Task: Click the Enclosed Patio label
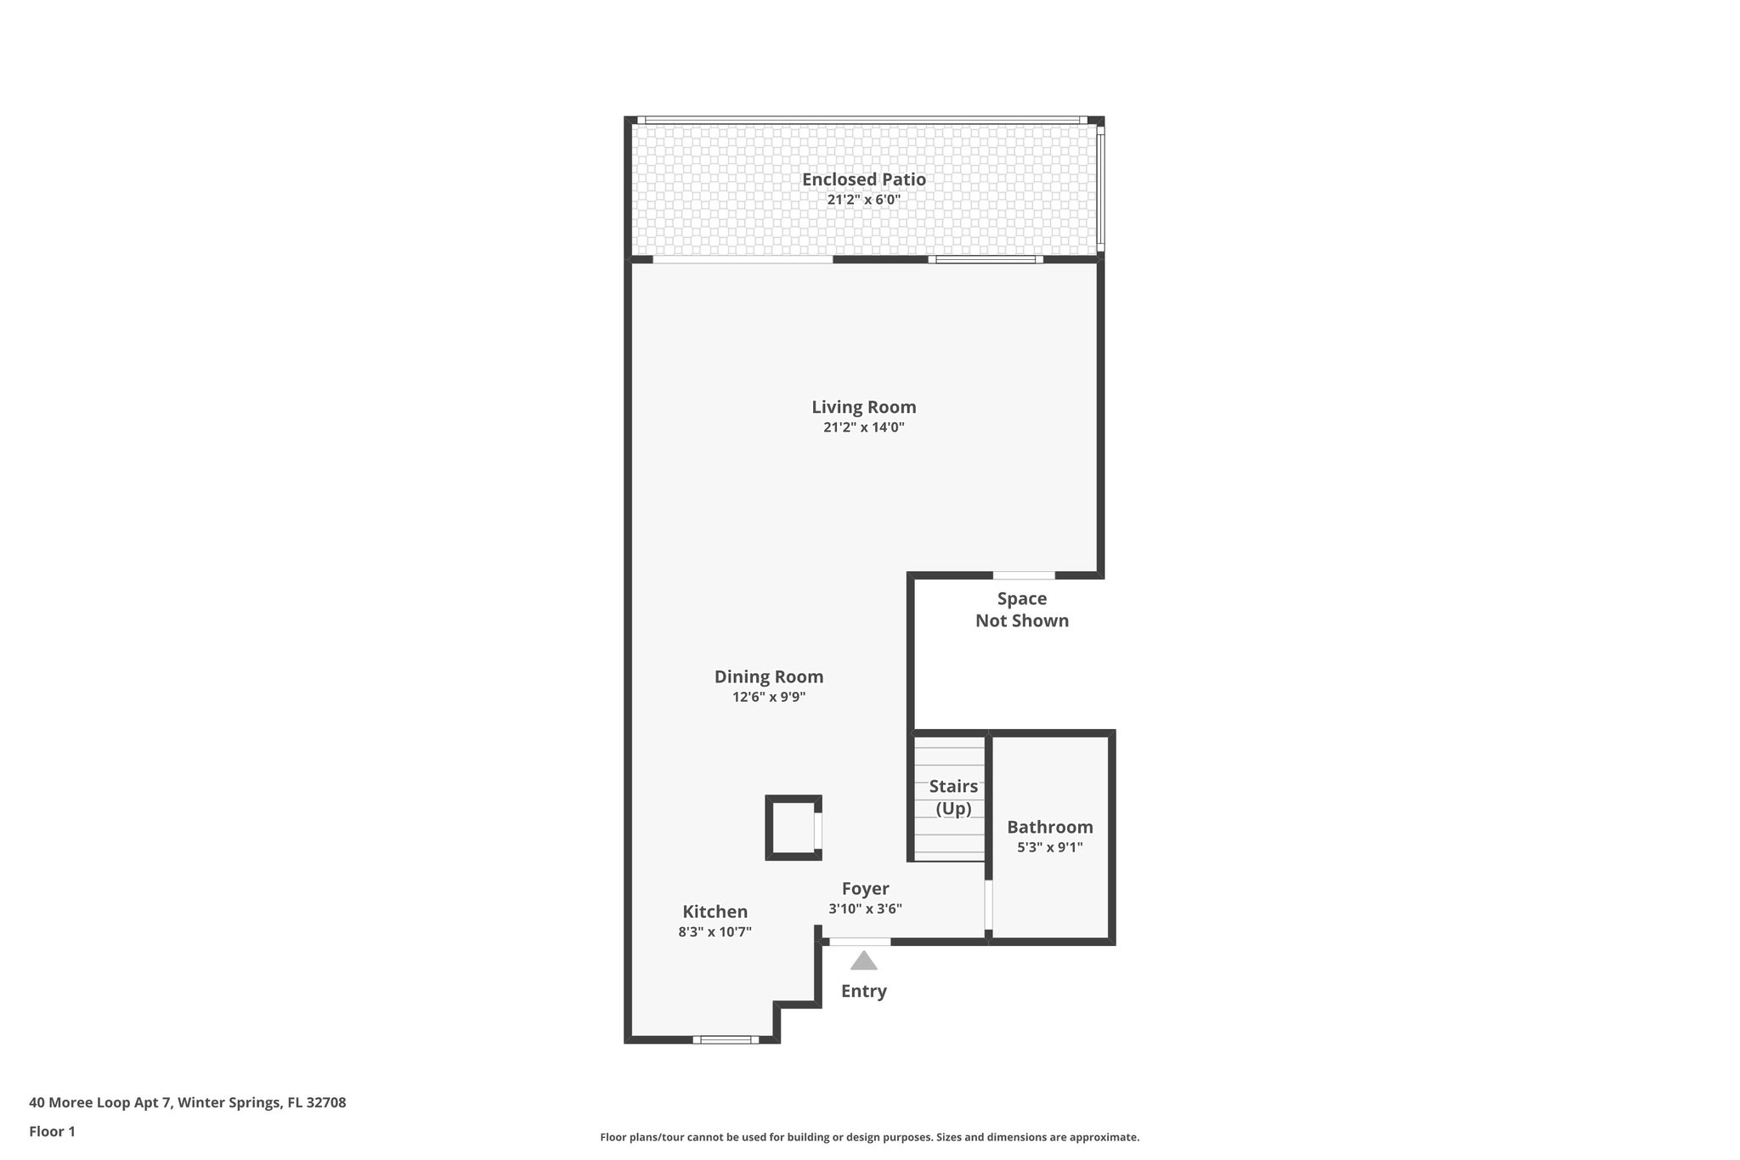coord(863,179)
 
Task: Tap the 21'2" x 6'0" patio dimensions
coord(863,201)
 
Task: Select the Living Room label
coord(863,407)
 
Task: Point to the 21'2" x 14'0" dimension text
coord(863,427)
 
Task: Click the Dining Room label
coord(768,677)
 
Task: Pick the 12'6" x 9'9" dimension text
coord(768,698)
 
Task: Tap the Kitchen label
coord(715,912)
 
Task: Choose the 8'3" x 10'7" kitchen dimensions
coord(715,932)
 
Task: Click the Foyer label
coord(865,889)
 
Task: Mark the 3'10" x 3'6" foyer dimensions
coord(865,909)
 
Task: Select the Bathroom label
coord(1049,827)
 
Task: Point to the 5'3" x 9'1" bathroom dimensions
coord(1049,847)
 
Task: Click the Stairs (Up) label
coord(952,797)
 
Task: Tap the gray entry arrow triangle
coord(863,961)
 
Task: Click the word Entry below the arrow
coord(863,991)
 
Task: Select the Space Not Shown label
coord(1021,609)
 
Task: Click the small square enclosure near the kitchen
coord(793,828)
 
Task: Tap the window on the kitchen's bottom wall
coord(725,1039)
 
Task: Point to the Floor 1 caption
coord(52,1131)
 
